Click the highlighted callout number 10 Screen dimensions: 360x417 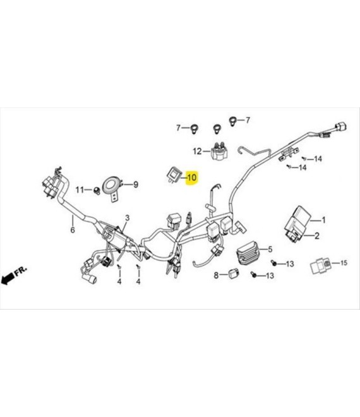point(191,178)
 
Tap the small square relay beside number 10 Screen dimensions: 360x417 point(173,174)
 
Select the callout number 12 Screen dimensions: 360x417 point(197,152)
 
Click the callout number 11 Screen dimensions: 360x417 point(80,190)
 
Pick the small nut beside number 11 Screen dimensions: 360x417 point(96,190)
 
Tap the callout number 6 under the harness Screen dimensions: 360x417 point(73,230)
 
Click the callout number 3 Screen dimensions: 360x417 point(128,218)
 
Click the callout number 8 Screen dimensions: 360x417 point(216,275)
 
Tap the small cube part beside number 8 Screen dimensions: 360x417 point(234,273)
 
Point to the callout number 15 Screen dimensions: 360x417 point(344,263)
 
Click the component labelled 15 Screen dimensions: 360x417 point(321,265)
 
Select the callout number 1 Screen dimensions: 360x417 point(323,220)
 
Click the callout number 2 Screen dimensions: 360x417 point(316,236)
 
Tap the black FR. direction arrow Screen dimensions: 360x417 point(8,278)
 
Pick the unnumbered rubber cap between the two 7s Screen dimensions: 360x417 point(217,128)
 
